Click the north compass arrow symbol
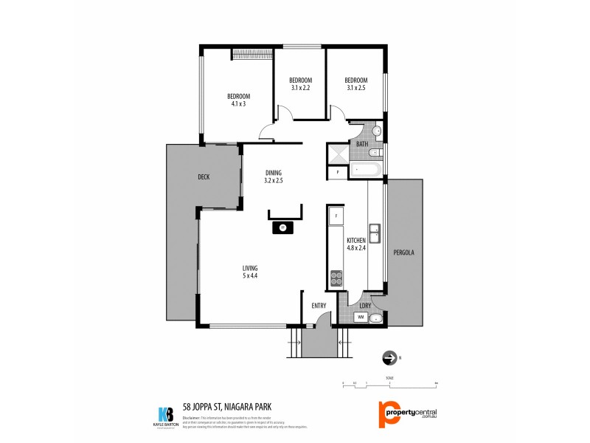point(389,358)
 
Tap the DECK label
point(204,176)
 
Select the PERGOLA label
point(404,253)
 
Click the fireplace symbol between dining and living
point(282,227)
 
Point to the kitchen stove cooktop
point(336,278)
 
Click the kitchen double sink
point(375,233)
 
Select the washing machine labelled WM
point(361,317)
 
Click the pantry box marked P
point(337,171)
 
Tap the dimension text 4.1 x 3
point(238,104)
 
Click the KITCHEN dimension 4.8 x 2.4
point(357,247)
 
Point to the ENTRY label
point(319,305)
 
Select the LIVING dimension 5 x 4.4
point(249,275)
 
